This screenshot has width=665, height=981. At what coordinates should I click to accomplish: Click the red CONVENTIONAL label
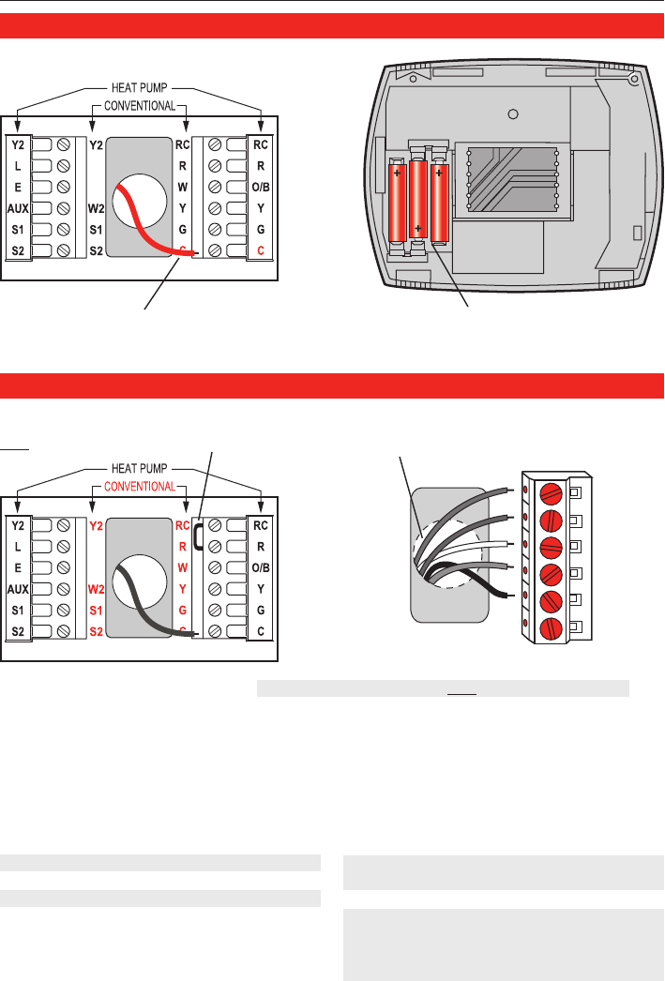point(139,486)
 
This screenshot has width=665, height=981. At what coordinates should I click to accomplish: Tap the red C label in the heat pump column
point(261,250)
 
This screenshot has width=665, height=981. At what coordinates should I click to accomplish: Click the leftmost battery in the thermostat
point(397,202)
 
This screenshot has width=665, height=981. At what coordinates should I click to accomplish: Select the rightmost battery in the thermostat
point(439,198)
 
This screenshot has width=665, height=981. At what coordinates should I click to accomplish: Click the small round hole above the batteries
point(512,114)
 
